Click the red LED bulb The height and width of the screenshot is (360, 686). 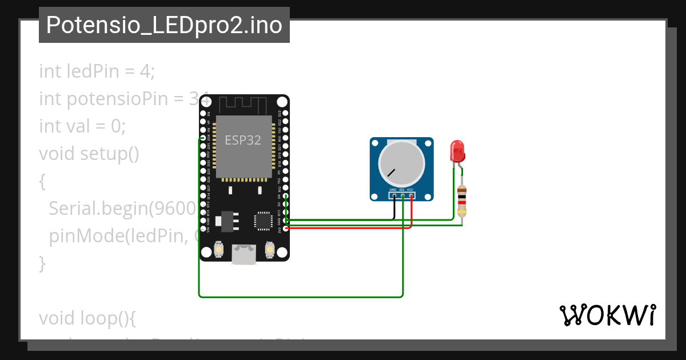pyautogui.click(x=457, y=151)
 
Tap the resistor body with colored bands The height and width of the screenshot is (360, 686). pyautogui.click(x=462, y=202)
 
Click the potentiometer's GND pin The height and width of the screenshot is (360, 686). pyautogui.click(x=394, y=196)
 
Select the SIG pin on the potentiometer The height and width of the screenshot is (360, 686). pyautogui.click(x=402, y=196)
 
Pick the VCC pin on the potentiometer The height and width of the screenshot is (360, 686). pyautogui.click(x=411, y=196)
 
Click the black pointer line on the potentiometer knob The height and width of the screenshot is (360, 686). pyautogui.click(x=391, y=171)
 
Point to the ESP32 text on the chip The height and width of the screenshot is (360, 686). pyautogui.click(x=243, y=140)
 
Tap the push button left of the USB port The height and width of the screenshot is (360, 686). pyautogui.click(x=218, y=250)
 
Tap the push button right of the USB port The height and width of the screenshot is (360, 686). pyautogui.click(x=270, y=250)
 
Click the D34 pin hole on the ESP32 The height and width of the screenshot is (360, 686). pyautogui.click(x=203, y=138)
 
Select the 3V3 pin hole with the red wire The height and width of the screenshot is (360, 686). pyautogui.click(x=285, y=228)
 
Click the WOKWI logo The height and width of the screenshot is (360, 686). pyautogui.click(x=607, y=315)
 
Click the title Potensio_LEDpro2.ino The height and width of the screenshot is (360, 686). pyautogui.click(x=164, y=25)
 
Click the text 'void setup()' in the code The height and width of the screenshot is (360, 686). pyautogui.click(x=89, y=154)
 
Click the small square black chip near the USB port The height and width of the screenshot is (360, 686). pyautogui.click(x=264, y=221)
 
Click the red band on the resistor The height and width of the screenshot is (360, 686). pyautogui.click(x=462, y=202)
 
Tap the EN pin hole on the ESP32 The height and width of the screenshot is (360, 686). pyautogui.click(x=203, y=114)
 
